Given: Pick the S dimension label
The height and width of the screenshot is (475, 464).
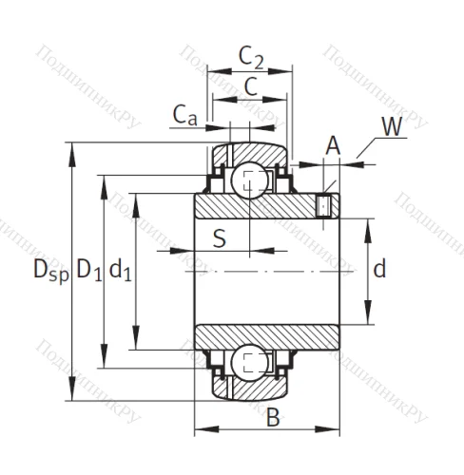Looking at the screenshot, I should pyautogui.click(x=219, y=238).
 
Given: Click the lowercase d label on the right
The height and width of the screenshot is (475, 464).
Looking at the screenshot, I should pyautogui.click(x=379, y=270).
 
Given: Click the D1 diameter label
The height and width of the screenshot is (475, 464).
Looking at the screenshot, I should pyautogui.click(x=89, y=270).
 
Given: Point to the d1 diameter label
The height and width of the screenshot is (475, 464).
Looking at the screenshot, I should pyautogui.click(x=120, y=270).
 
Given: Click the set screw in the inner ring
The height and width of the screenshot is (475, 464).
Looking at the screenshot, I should pyautogui.click(x=325, y=204).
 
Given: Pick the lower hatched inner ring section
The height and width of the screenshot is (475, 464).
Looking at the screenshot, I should pyautogui.click(x=266, y=334).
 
